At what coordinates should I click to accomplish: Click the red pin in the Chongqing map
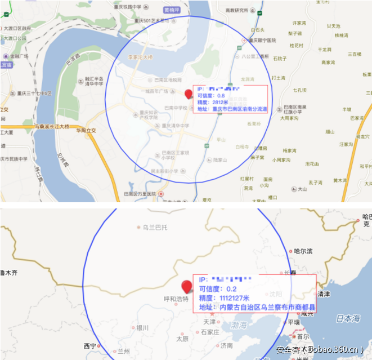pos(188,94)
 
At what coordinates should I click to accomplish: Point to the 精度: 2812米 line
pos(213,103)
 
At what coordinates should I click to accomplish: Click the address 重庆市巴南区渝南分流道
pos(232,109)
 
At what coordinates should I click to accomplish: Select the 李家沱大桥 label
pos(141,57)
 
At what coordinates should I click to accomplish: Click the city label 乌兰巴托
pos(155,227)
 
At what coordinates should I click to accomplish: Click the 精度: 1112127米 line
pos(224,298)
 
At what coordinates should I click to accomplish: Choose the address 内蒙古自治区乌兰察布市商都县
pos(257,308)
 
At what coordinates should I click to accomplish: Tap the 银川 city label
pos(142,327)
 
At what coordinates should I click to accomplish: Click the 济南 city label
pos(226,345)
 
